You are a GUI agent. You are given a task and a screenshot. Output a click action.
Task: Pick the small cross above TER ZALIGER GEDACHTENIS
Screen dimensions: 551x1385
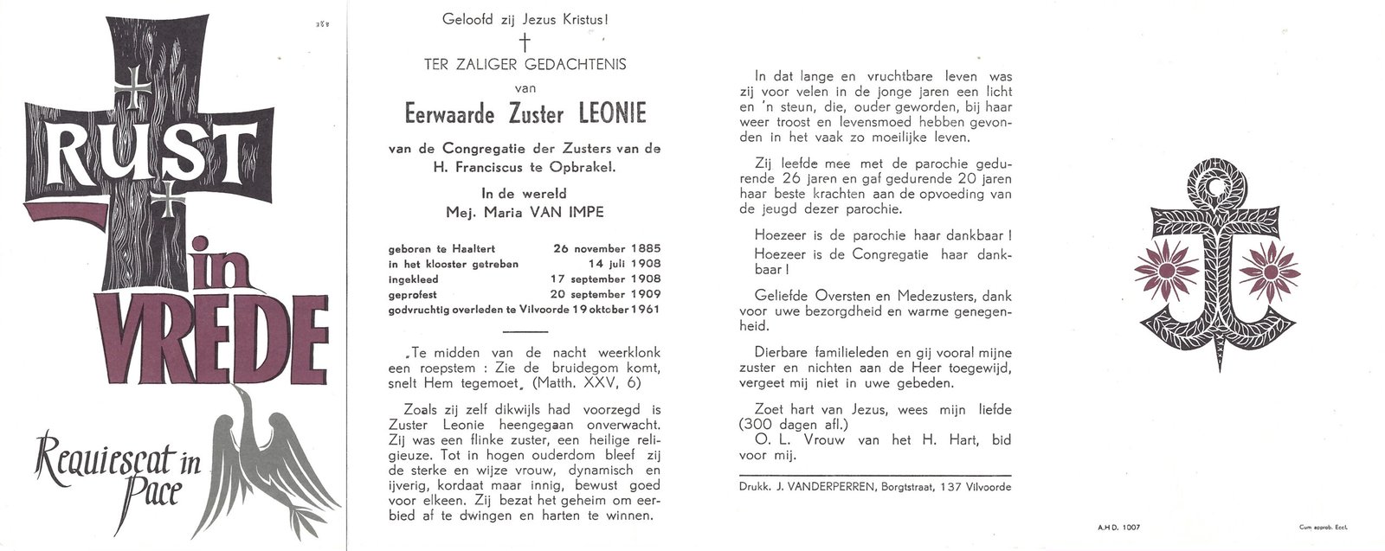[523, 43]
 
